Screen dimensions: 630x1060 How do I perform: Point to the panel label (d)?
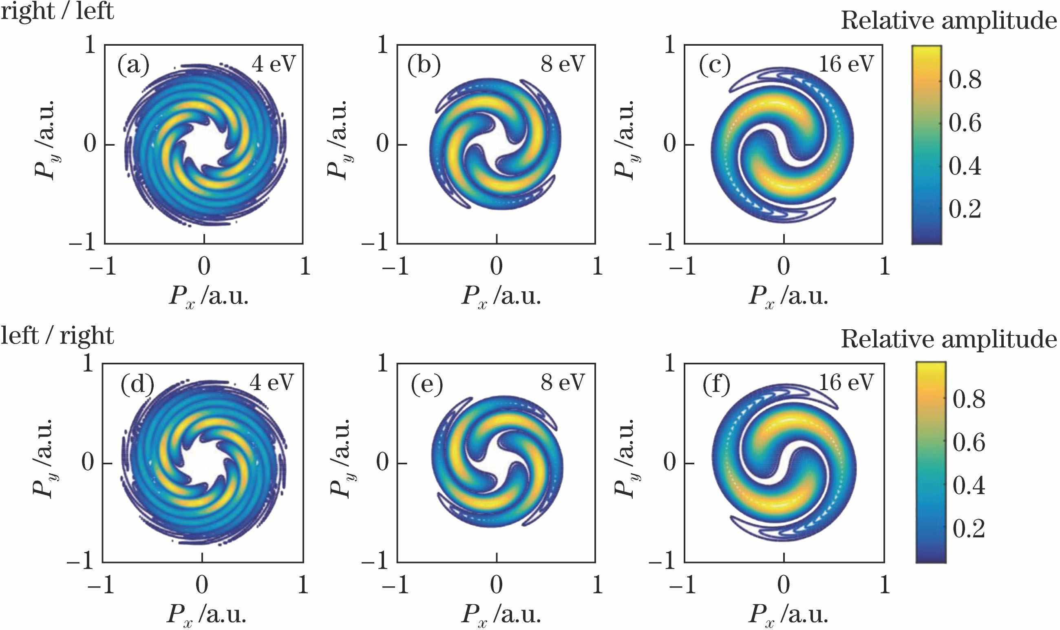click(137, 385)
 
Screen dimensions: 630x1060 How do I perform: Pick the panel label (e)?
click(427, 385)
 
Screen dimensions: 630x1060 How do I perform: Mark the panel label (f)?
click(716, 385)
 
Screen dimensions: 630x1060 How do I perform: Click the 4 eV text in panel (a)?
click(274, 64)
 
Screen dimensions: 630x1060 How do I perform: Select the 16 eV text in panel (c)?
click(846, 64)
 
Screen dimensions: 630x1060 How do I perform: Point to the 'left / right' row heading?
click(57, 336)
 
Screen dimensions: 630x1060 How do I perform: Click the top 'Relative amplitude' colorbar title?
click(948, 20)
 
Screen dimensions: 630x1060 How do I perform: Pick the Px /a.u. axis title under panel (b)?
click(501, 296)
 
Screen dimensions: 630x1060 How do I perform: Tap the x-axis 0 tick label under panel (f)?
click(784, 585)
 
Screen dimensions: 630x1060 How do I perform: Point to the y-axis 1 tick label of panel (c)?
click(670, 44)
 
